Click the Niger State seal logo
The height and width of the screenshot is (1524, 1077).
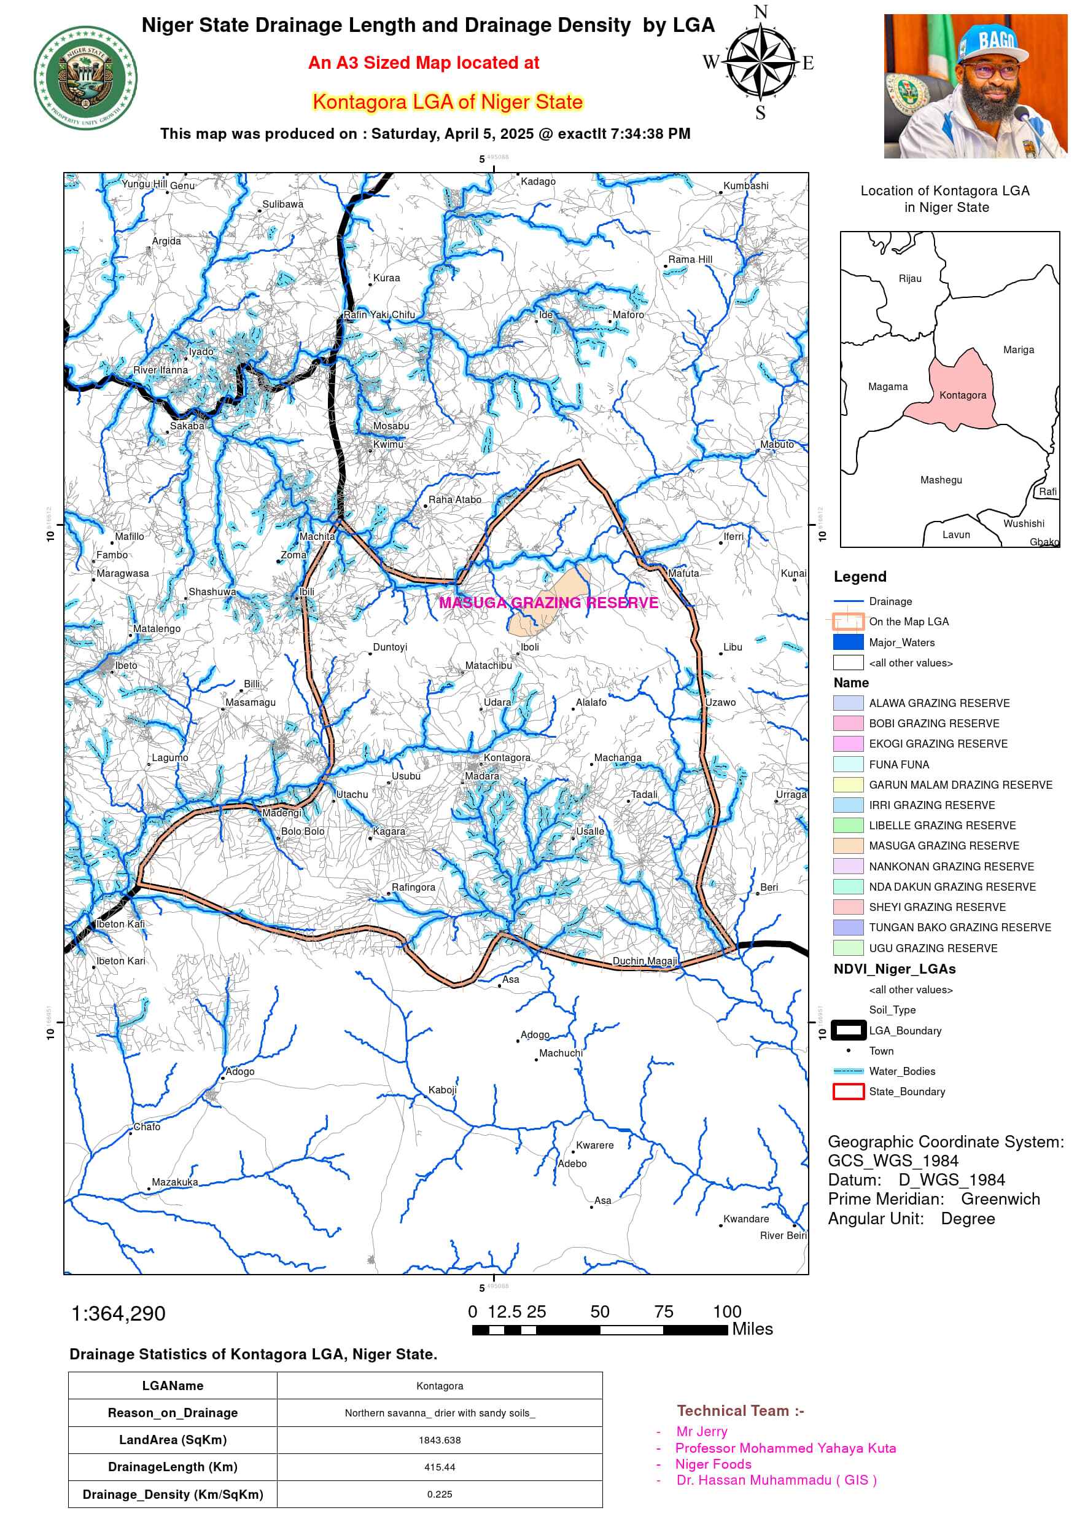point(85,79)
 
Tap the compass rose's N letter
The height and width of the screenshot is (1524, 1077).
point(760,12)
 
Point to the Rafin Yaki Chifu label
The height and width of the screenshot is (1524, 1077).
point(379,315)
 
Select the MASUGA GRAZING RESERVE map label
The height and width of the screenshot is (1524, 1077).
point(548,603)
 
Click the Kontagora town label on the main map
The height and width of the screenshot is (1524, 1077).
point(507,757)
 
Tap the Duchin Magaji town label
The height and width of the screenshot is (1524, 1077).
point(644,961)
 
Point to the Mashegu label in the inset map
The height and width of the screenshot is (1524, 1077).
point(940,480)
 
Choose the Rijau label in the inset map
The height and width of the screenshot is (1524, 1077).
point(910,279)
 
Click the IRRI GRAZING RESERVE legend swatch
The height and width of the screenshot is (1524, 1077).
point(847,805)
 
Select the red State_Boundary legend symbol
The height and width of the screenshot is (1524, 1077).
point(848,1091)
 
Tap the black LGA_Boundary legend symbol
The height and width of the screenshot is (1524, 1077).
point(848,1030)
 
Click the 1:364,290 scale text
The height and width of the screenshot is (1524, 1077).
point(118,1313)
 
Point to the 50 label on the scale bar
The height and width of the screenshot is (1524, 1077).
point(599,1311)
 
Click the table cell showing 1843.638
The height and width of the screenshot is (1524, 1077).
point(439,1440)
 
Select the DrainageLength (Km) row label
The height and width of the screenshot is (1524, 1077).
point(173,1466)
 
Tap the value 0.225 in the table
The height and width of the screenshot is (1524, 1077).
point(439,1493)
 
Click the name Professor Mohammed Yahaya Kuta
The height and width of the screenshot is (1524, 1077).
point(785,1448)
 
